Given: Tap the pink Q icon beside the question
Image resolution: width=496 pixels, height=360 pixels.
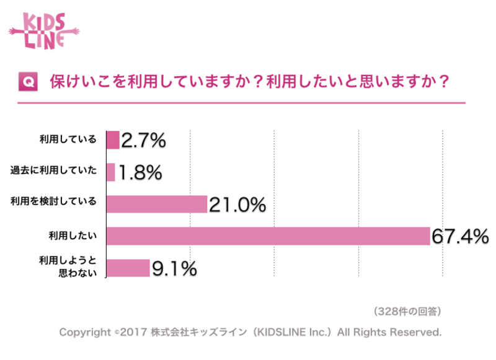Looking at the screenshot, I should [27, 82].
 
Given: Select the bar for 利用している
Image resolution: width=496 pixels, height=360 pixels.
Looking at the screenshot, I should [113, 140].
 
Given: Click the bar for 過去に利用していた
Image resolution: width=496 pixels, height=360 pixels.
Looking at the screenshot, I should [111, 172].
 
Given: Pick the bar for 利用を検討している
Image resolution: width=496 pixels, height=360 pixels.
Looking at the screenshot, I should [157, 204].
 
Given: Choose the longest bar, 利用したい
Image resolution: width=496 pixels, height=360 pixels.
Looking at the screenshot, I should [268, 236].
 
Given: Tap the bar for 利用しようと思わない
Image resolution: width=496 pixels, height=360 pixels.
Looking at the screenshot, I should [128, 268].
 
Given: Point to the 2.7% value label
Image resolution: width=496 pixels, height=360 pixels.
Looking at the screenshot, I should [144, 141].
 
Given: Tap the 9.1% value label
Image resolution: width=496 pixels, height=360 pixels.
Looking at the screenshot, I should [174, 268].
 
